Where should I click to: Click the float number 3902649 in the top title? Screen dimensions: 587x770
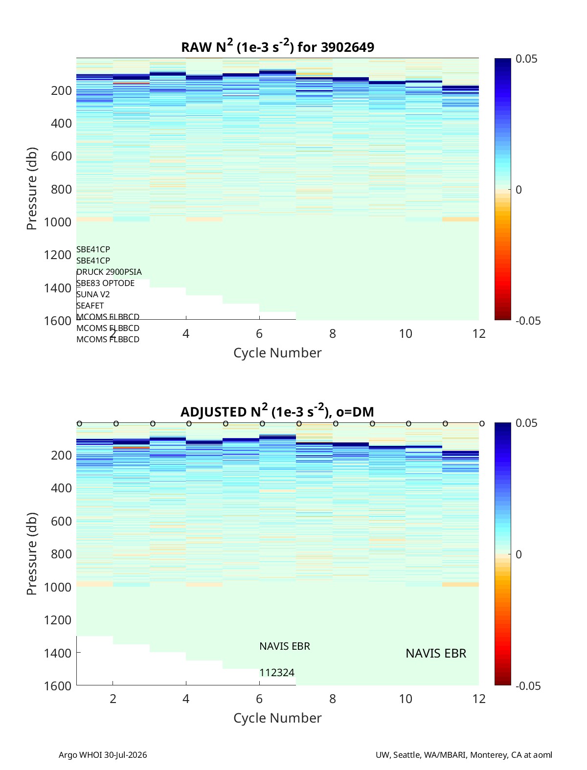coord(347,47)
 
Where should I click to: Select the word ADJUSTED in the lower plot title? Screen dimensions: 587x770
coord(214,412)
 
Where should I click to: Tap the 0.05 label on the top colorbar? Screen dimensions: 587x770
coord(526,59)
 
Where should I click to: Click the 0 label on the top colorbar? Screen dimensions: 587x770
coord(519,190)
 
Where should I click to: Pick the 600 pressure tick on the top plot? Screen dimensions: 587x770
coord(62,156)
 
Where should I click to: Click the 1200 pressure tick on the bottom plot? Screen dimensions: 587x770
coord(58,620)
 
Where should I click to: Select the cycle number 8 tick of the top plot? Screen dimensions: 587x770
coord(333,333)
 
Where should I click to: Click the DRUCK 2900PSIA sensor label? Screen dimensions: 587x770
coord(109,272)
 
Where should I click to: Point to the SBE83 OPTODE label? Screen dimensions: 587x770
coord(105,283)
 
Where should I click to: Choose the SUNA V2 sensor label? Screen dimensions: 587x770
coord(93,294)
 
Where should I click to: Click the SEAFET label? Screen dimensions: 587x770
coord(90,306)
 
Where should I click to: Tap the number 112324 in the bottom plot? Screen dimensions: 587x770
coord(277,673)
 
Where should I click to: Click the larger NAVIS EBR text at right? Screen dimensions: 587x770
coord(436,653)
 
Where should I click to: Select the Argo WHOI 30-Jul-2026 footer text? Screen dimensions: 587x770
coord(103,754)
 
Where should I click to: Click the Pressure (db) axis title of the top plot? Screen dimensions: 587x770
coord(32,189)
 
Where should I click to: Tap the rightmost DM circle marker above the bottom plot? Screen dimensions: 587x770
coord(482,424)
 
